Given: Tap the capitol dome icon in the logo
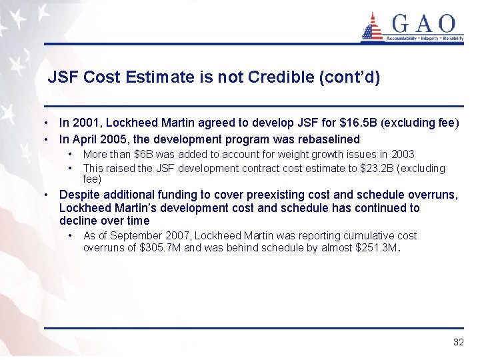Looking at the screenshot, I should pyautogui.click(x=372, y=27).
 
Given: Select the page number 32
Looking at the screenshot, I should pyautogui.click(x=458, y=342).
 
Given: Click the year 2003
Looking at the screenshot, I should pyautogui.click(x=402, y=155).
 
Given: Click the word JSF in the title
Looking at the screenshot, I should pyautogui.click(x=62, y=77).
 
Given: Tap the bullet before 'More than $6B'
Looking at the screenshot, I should pyautogui.click(x=70, y=155).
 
